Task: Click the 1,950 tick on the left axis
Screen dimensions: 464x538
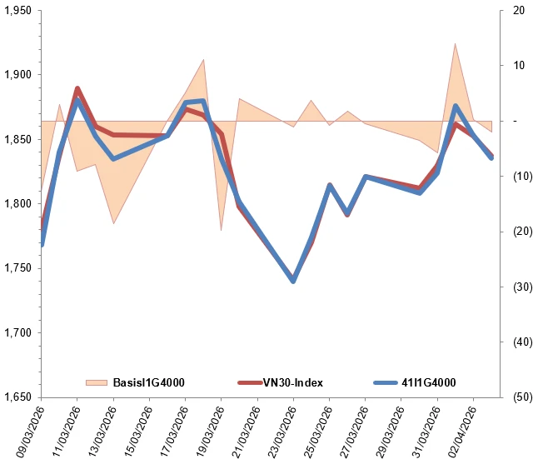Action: coord(18,11)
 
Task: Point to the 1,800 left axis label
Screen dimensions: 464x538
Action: coord(18,204)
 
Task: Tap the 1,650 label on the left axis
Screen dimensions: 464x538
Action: coord(18,397)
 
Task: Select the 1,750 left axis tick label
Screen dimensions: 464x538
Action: coord(18,268)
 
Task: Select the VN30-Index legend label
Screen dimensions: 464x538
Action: coord(293,382)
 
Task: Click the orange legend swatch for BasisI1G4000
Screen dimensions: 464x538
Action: coord(97,382)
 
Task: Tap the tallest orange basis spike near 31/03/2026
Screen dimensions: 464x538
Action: coord(455,46)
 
